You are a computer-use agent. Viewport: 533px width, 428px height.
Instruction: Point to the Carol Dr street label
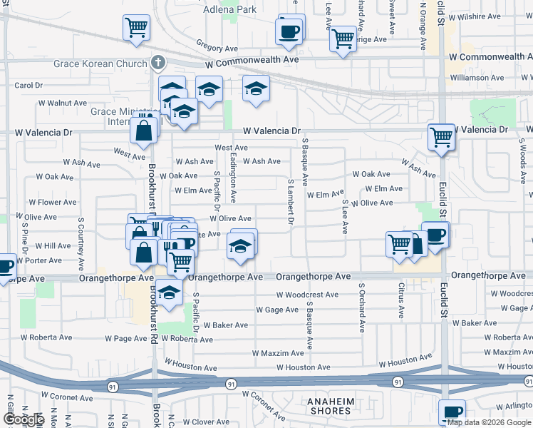click(x=29, y=85)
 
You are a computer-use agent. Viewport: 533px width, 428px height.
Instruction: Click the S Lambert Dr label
click(x=291, y=202)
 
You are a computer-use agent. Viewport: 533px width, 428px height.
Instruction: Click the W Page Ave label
click(x=126, y=338)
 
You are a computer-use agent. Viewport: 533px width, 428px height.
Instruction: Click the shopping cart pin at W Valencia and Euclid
click(x=441, y=136)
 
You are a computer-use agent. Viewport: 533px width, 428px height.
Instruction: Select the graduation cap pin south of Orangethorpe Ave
click(x=169, y=293)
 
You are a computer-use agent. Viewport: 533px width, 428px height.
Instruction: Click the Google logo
click(x=23, y=419)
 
